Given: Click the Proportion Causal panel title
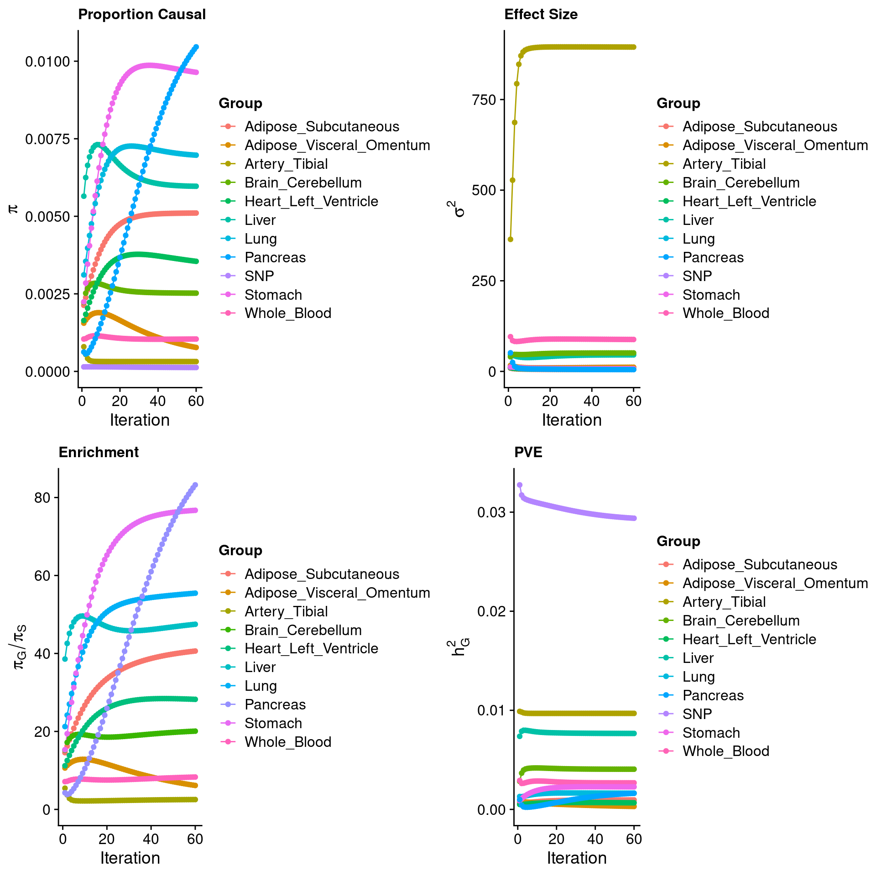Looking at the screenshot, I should coord(142,15).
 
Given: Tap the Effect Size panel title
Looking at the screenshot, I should coord(541,15).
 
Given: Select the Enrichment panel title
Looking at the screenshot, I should coord(99,452).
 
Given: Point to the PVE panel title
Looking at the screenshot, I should coord(528,452).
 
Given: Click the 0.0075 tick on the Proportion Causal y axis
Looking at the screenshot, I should coord(48,139).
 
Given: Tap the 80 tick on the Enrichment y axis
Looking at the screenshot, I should coord(42,498).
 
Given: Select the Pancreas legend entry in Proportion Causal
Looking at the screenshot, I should coord(275,257).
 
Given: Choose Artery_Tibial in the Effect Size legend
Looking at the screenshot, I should coord(724,164).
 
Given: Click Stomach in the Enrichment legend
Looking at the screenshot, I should coord(273,723).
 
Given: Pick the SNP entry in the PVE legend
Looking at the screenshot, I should coord(697,714).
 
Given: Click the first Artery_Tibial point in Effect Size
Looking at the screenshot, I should coord(511,240).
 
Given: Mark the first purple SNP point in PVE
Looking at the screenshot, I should coord(520,485).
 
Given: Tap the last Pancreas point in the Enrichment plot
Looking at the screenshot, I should coord(195,485).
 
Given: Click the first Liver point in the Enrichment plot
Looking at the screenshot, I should coord(65,659).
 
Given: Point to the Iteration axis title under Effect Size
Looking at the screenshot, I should coord(572,420).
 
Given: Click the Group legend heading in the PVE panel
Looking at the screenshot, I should coord(678,541).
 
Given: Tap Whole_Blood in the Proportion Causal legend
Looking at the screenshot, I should coord(287,313).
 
